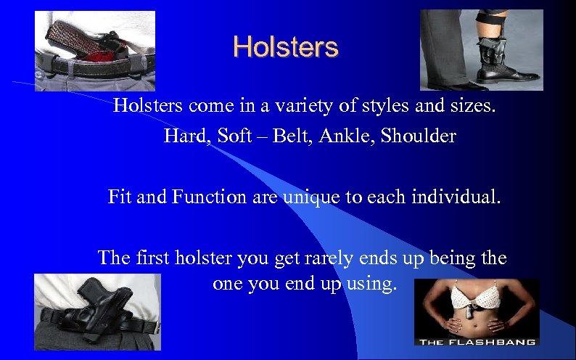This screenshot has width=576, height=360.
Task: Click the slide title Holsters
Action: click(285, 47)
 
